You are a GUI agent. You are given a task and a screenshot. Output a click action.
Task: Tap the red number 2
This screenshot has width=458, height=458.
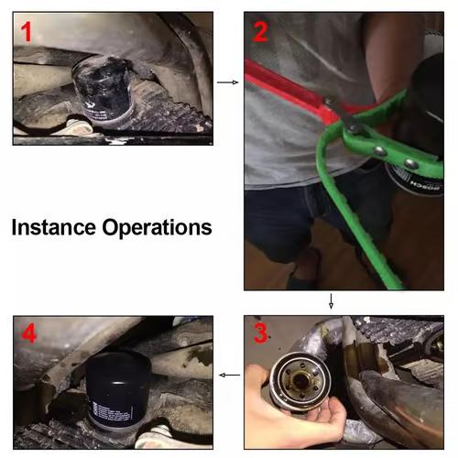[x=261, y=33]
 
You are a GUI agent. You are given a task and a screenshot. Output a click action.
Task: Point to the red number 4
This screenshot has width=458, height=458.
[x=29, y=333]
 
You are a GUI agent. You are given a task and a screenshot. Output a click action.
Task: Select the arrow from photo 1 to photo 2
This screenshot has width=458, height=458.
[x=227, y=82]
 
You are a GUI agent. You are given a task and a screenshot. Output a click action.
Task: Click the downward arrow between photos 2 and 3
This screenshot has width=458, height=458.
[x=331, y=301]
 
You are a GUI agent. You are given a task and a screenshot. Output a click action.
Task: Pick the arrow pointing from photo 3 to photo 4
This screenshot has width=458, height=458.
[x=229, y=375]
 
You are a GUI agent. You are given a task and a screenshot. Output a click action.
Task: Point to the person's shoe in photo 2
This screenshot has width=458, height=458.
[x=301, y=271]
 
